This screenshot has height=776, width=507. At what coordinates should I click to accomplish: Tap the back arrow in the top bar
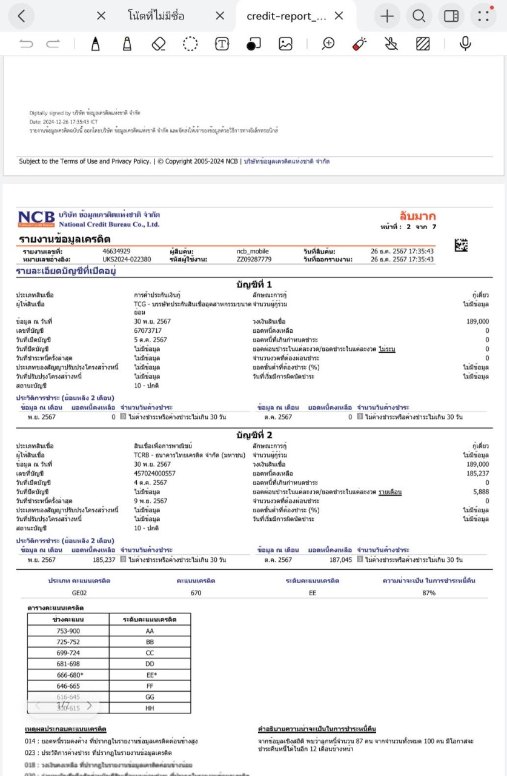tap(22, 16)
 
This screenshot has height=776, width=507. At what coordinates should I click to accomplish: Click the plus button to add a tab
tap(387, 16)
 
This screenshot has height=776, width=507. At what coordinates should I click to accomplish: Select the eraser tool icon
tap(159, 44)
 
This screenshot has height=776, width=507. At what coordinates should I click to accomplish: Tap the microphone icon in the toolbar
tap(465, 44)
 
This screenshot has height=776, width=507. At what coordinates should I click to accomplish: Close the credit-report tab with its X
tap(339, 16)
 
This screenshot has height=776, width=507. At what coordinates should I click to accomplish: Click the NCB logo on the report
tap(36, 219)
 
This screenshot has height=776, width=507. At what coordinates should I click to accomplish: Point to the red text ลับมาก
tap(417, 216)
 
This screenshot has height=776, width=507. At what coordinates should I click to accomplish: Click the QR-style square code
tap(462, 245)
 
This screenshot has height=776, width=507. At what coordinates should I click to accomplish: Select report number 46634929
tap(116, 251)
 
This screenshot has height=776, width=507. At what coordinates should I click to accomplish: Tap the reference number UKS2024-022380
tap(127, 259)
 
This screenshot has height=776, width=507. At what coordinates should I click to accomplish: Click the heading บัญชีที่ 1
tap(254, 284)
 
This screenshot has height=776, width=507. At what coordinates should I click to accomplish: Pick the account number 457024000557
tap(155, 473)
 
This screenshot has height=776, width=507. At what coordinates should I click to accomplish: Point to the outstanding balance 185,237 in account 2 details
tap(477, 473)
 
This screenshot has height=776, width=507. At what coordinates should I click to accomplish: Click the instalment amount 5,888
tap(480, 492)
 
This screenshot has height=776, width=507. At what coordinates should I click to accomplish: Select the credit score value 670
tap(196, 592)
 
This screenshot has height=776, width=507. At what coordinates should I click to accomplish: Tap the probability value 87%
tap(429, 592)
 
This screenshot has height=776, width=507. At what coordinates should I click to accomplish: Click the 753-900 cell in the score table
tap(68, 630)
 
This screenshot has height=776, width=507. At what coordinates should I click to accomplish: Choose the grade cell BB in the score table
tap(150, 641)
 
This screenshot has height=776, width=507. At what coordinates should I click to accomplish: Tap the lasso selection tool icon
tap(191, 44)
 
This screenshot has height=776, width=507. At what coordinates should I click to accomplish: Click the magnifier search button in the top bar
tap(419, 16)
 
